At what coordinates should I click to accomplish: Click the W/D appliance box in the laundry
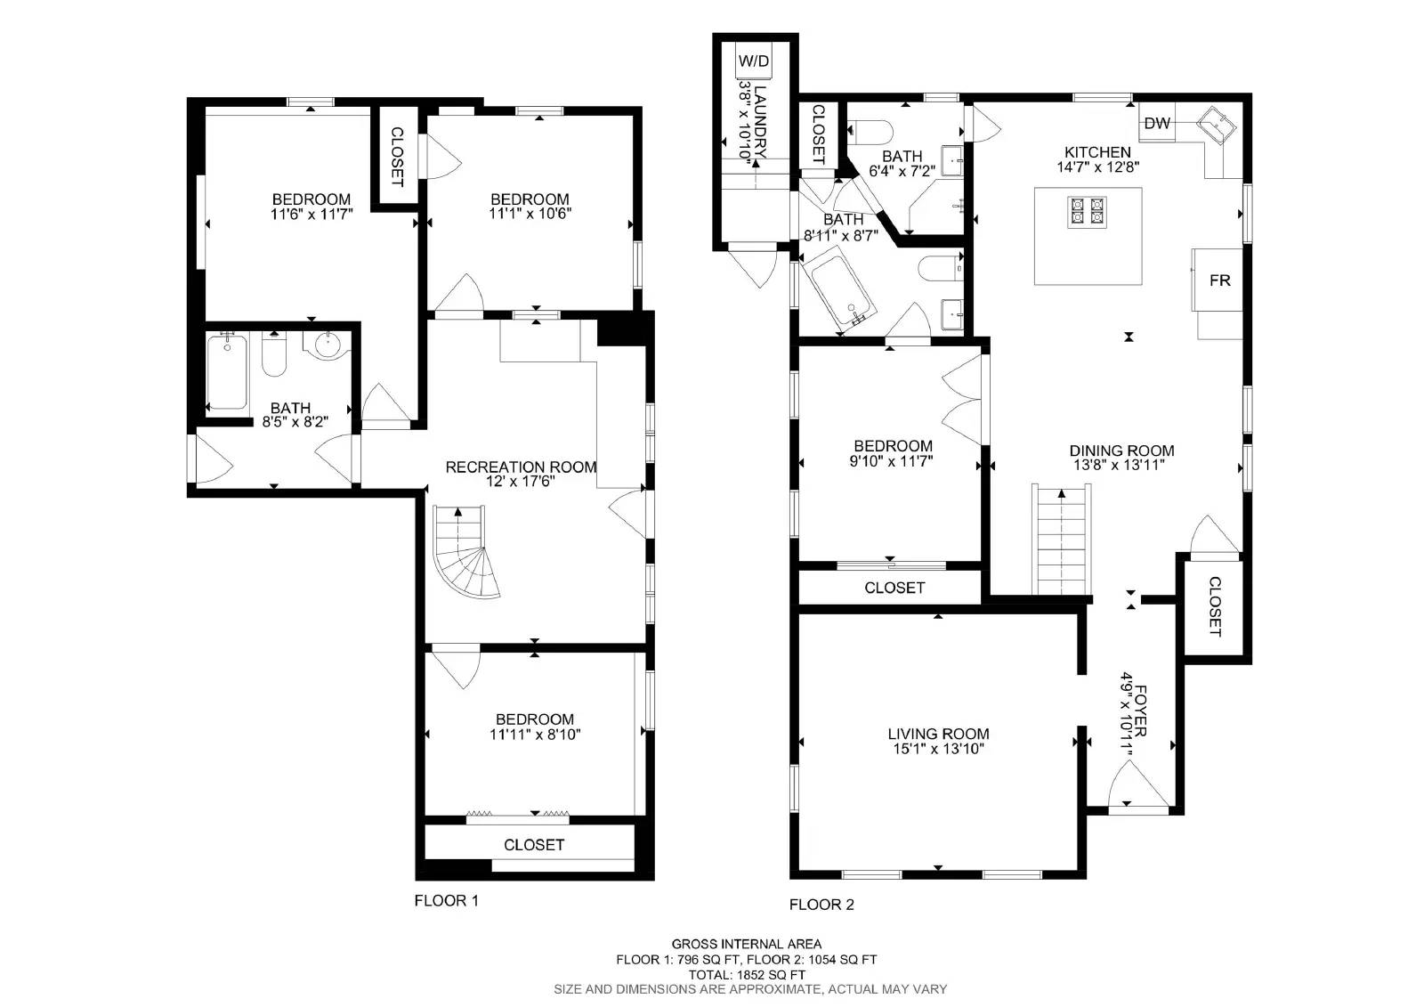coord(754,61)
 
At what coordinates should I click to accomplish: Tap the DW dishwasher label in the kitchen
coord(1157,124)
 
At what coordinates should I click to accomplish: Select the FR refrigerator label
coord(1219,280)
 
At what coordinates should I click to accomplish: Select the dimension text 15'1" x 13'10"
coord(938,750)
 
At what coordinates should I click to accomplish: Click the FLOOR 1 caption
coord(446,901)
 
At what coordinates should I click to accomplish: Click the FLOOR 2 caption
coord(821,905)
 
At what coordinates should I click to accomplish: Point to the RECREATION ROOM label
coord(521,467)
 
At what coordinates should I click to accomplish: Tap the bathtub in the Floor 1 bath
coord(228,371)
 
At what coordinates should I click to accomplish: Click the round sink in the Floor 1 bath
coord(328,342)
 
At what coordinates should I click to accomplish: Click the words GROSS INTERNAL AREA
coord(746,944)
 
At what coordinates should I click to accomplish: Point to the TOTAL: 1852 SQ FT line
coord(746,975)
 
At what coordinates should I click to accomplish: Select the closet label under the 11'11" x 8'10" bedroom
coord(534,845)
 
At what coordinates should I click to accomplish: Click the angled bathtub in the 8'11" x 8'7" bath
coord(840,289)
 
